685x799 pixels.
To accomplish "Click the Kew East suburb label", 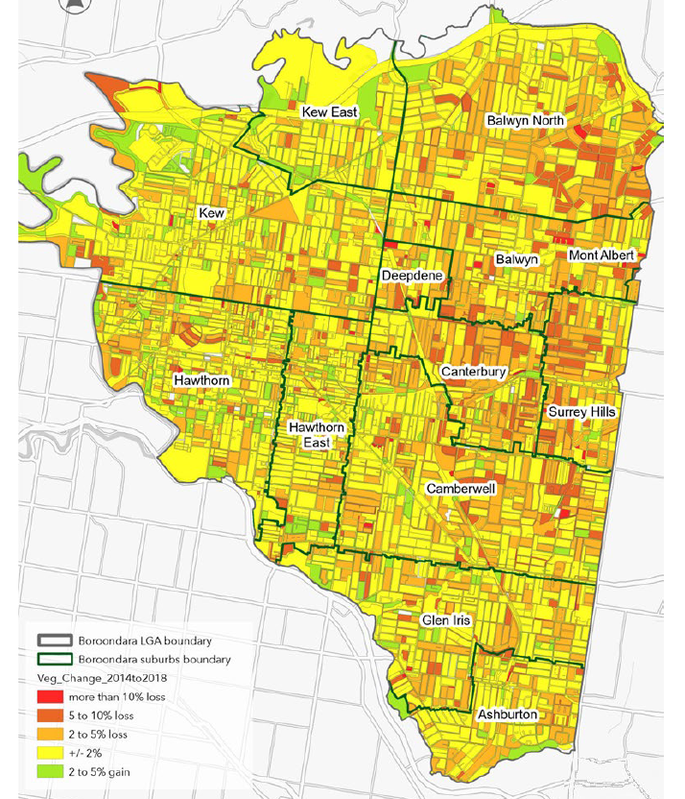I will [x=329, y=112].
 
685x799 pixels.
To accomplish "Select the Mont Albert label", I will [x=602, y=255].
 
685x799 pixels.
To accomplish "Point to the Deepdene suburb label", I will [x=412, y=276].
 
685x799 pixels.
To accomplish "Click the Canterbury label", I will [x=474, y=371].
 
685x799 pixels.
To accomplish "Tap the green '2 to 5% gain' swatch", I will [x=51, y=771].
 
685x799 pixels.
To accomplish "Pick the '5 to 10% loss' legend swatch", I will [x=51, y=714].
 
